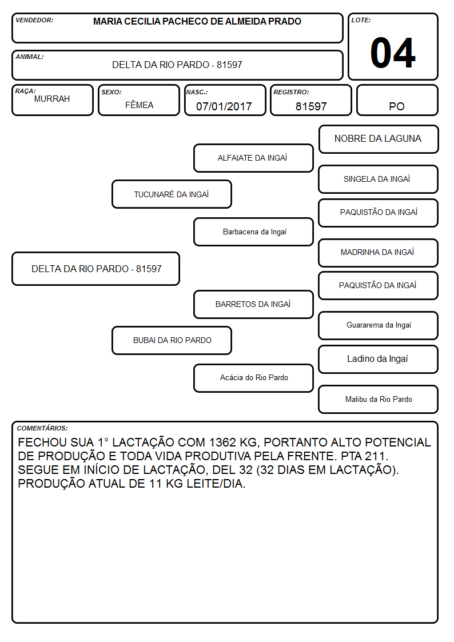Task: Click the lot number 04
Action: pyautogui.click(x=393, y=53)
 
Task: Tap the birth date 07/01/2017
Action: pyautogui.click(x=224, y=106)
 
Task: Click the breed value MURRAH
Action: pyautogui.click(x=52, y=99)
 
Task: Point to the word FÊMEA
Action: pyautogui.click(x=139, y=105)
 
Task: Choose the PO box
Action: pyautogui.click(x=397, y=100)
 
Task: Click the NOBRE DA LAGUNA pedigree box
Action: pyautogui.click(x=379, y=139)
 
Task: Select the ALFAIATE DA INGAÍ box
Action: pyautogui.click(x=253, y=158)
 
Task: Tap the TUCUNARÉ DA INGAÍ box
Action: pyautogui.click(x=172, y=194)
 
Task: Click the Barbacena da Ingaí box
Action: pyautogui.click(x=253, y=232)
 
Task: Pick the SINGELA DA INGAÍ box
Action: pyautogui.click(x=379, y=179)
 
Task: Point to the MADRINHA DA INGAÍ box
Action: pyautogui.click(x=379, y=253)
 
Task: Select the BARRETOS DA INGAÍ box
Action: pyautogui.click(x=253, y=304)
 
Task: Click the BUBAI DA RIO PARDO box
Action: pyautogui.click(x=172, y=340)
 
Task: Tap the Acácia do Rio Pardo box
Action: pyautogui.click(x=253, y=378)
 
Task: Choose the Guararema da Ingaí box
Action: pyautogui.click(x=379, y=325)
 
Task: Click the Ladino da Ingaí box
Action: pyautogui.click(x=379, y=359)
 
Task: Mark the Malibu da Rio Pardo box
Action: pyautogui.click(x=379, y=399)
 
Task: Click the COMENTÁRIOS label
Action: pyautogui.click(x=42, y=428)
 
